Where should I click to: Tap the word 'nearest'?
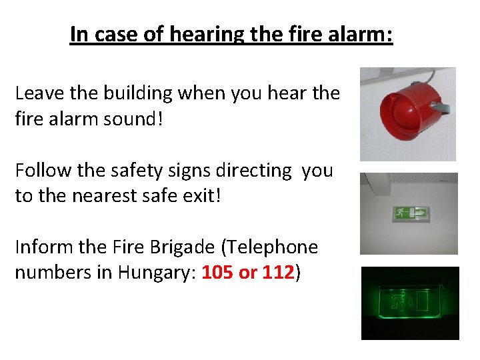click(113, 196)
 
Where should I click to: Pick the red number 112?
click(277, 273)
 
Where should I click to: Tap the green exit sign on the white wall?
click(411, 213)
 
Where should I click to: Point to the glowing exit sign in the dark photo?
click(409, 302)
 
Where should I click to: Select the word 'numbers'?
click(49, 273)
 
